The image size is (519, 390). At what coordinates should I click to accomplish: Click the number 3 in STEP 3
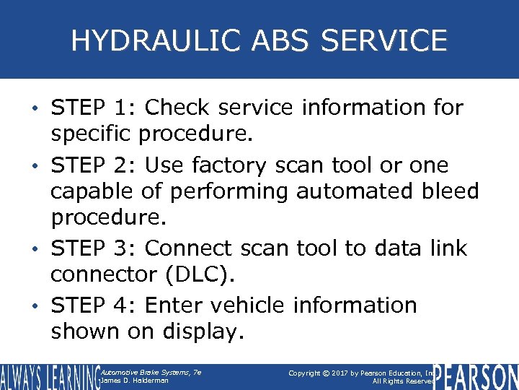tap(120, 248)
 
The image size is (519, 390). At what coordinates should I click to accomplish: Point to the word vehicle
tap(249, 305)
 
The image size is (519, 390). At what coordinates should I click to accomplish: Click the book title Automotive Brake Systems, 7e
tap(151, 371)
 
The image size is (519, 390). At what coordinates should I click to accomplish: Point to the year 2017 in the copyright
tap(347, 372)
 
